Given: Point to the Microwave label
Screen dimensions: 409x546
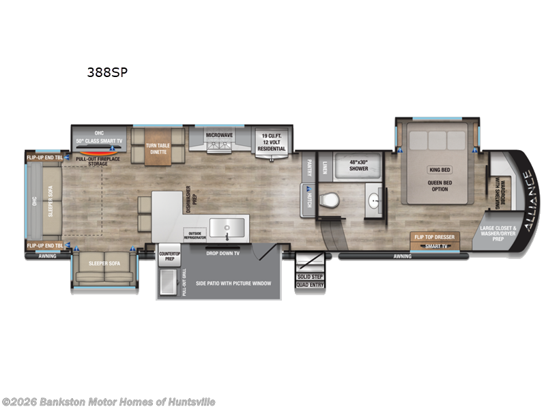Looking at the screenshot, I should [219, 135].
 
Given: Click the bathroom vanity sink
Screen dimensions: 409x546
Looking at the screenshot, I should [374, 201].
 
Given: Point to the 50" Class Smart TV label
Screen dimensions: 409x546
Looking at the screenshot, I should [100, 140].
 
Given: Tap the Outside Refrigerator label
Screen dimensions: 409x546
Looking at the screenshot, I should [194, 234].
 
